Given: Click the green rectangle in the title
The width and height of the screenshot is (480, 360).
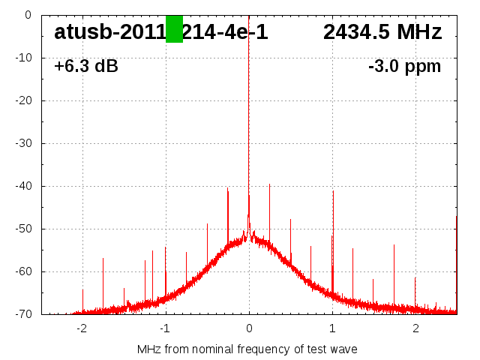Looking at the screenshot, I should [174, 28].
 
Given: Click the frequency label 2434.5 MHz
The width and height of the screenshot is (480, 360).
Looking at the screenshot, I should [382, 32].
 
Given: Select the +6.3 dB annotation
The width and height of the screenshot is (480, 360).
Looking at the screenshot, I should [86, 66].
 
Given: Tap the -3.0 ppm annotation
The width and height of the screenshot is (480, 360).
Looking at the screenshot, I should [404, 66].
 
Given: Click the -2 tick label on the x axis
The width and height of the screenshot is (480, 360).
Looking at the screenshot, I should [81, 328].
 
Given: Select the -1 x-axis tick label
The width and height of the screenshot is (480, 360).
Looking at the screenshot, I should [165, 328].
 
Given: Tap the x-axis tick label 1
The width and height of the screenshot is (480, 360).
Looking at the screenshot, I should [332, 328].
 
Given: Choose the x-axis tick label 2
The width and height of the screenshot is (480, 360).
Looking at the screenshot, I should [415, 328].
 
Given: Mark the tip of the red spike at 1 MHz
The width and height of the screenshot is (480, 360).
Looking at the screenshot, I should [333, 191].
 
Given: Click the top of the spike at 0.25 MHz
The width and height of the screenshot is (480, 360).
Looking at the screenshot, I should [270, 184].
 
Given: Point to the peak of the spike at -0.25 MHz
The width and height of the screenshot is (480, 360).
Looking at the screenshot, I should [228, 188].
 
